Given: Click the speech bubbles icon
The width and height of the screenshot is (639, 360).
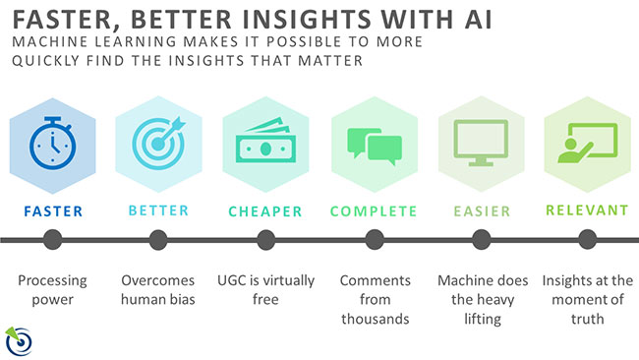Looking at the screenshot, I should (373, 146).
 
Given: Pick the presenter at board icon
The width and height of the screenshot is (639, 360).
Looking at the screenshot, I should (586, 146).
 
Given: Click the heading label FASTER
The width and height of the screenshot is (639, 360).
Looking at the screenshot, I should (51, 210).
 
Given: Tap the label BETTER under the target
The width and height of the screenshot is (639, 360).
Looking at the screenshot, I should (158, 210).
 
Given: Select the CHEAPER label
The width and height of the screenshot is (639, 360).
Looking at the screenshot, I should (265, 210).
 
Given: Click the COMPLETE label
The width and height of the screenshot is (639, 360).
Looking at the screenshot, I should (374, 210).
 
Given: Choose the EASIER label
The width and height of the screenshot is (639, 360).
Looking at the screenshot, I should (480, 210).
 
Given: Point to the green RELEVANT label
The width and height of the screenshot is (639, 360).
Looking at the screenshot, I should (587, 210).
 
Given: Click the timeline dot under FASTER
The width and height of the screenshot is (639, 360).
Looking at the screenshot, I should (51, 239).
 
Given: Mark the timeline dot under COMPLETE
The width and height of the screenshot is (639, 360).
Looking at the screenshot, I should (374, 239).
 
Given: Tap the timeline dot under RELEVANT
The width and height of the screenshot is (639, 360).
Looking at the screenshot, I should (587, 239).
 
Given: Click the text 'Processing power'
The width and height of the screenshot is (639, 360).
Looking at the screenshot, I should (51, 290).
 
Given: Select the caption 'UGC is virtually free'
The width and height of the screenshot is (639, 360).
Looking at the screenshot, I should (264, 290).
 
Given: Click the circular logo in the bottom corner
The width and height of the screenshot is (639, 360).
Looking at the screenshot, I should (21, 338).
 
